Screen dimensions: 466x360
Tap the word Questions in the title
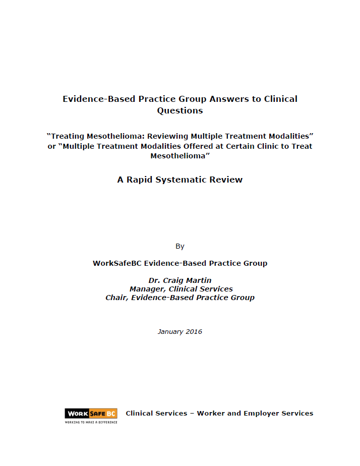point(180,110)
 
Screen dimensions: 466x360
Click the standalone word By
point(180,247)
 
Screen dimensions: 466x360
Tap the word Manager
point(147,289)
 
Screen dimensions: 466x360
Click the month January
point(171,332)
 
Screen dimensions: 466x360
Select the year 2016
point(194,332)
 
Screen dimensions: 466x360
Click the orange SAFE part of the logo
point(97,414)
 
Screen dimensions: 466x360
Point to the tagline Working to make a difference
point(91,422)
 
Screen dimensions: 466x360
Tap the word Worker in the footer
point(212,414)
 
